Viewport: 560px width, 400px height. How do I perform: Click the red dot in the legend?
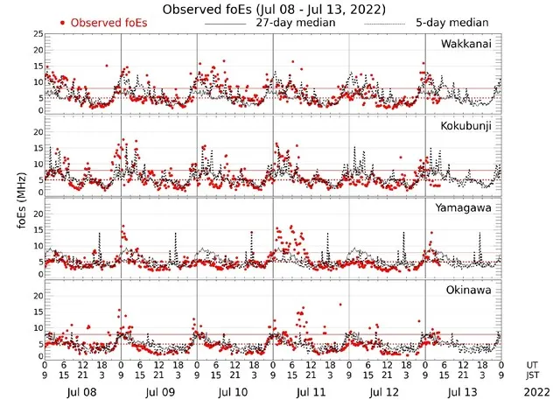click(x=62, y=22)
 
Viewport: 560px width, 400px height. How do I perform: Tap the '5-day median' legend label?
click(x=445, y=22)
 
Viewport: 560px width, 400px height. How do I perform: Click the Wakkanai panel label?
click(x=465, y=44)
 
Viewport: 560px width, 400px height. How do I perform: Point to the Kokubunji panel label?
click(x=465, y=127)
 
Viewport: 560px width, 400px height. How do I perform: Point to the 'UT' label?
click(x=533, y=365)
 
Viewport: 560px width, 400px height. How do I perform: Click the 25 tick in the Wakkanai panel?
click(x=36, y=34)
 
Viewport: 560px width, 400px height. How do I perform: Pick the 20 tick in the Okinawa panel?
click(x=36, y=296)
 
